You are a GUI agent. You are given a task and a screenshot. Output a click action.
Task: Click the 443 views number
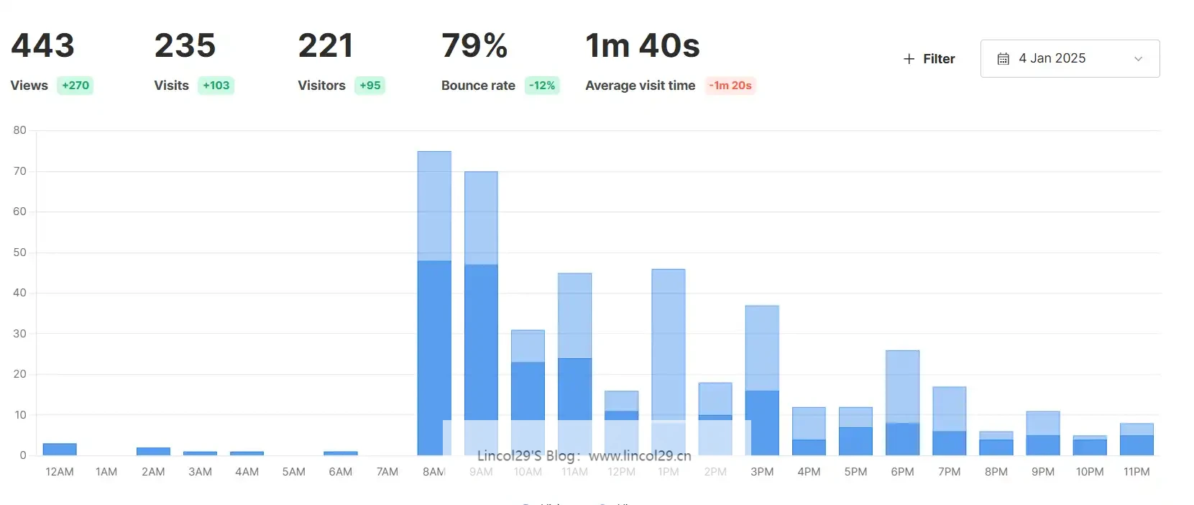click(x=43, y=46)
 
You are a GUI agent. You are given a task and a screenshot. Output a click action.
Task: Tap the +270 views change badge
click(x=75, y=86)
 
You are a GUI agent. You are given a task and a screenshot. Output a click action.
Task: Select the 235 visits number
click(x=185, y=46)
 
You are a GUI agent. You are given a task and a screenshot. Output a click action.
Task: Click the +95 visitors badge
click(x=370, y=86)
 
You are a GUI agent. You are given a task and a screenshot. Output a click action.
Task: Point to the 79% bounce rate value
click(x=474, y=46)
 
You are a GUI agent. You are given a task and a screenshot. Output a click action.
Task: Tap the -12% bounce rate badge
click(x=542, y=86)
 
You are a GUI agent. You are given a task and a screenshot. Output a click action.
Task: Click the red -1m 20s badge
click(x=730, y=86)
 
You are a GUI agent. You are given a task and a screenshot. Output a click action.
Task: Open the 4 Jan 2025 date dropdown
click(x=1070, y=58)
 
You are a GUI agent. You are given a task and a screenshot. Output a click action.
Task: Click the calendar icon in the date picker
click(x=1004, y=59)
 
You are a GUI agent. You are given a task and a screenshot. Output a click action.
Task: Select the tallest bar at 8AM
click(x=434, y=302)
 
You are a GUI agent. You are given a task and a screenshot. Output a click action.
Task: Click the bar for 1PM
click(x=669, y=345)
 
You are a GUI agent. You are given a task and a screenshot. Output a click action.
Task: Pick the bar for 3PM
click(x=762, y=381)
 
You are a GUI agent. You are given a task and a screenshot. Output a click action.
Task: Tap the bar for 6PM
click(x=902, y=403)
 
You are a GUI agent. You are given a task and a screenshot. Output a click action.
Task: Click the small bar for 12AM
click(x=60, y=450)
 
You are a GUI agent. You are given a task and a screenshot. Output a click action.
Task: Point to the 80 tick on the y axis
click(x=19, y=130)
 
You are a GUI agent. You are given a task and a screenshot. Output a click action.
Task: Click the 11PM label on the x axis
click(x=1136, y=472)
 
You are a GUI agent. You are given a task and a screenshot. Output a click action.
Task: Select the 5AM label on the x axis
click(x=293, y=472)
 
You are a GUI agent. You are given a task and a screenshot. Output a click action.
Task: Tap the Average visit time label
click(x=640, y=86)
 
